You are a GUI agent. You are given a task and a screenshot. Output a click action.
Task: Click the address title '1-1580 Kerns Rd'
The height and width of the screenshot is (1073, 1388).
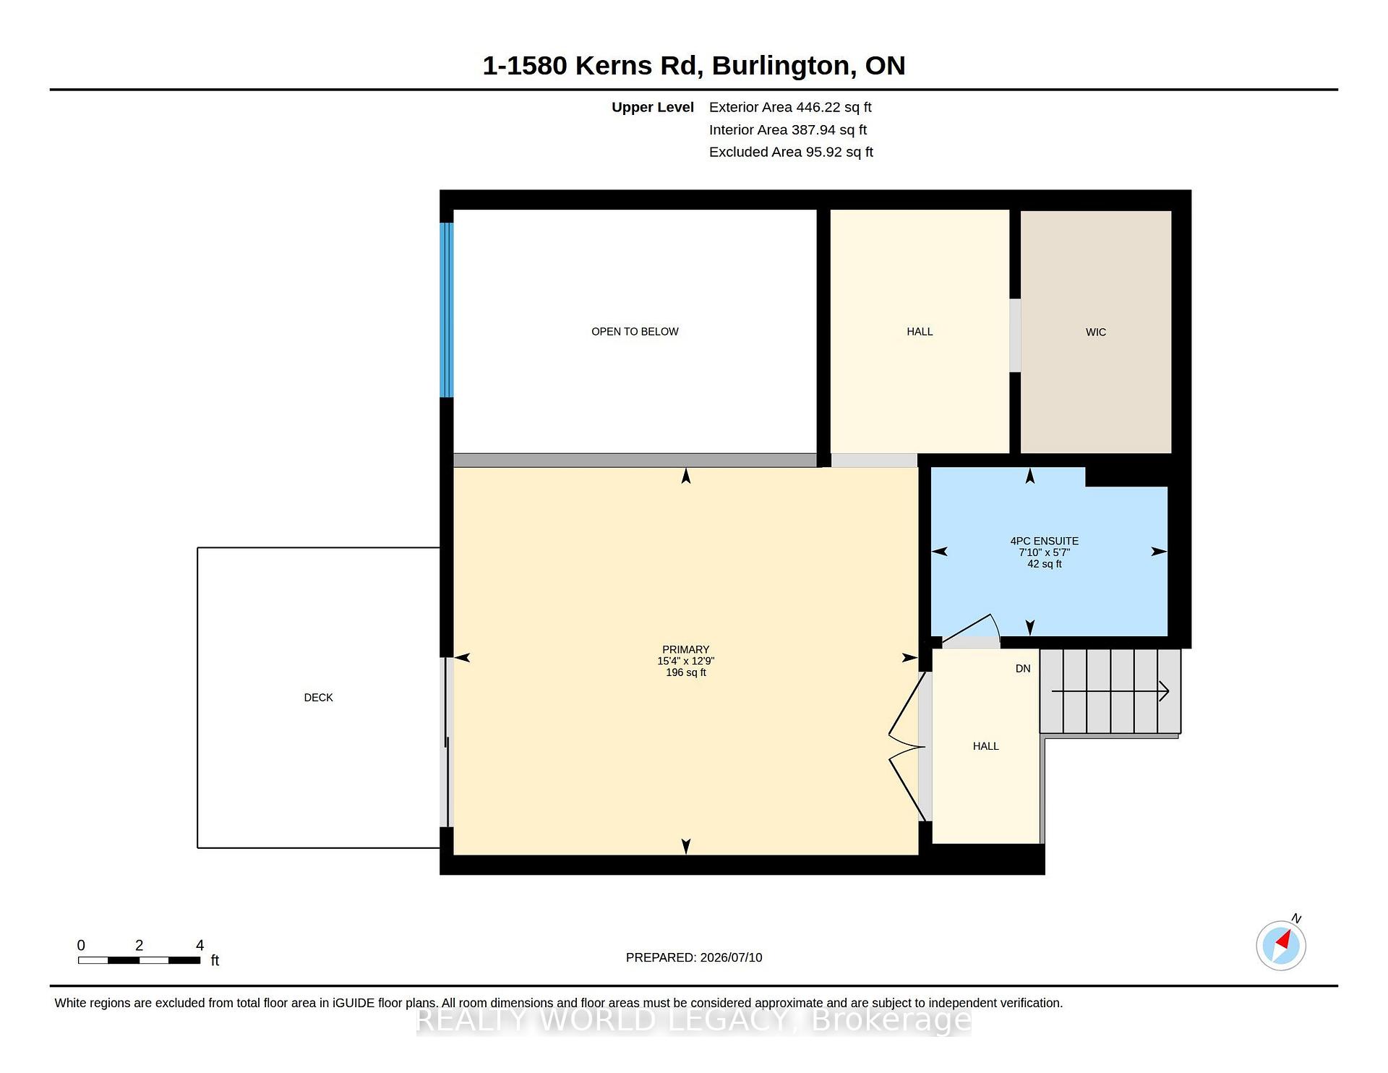click(x=593, y=66)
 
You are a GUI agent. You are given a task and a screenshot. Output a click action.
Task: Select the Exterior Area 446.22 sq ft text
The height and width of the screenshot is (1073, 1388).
click(x=790, y=107)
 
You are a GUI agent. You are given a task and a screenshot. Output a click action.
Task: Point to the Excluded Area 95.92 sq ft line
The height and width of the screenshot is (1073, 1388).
click(x=791, y=152)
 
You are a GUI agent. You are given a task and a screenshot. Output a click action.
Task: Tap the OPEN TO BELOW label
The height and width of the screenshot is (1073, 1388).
click(x=635, y=332)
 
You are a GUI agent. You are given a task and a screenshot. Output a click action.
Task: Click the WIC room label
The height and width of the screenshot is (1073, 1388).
click(x=1096, y=332)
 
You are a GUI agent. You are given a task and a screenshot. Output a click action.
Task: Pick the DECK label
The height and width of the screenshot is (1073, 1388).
click(x=318, y=698)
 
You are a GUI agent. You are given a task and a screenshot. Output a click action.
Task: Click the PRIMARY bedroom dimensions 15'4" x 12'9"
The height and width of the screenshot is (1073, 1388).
click(x=685, y=661)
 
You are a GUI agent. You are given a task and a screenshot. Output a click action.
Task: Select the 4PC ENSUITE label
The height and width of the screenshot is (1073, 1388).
click(x=1044, y=541)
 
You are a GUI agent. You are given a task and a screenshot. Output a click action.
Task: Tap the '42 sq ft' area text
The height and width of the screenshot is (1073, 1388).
click(x=1045, y=564)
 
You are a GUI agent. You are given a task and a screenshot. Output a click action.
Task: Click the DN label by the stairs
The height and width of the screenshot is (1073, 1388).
click(x=1023, y=669)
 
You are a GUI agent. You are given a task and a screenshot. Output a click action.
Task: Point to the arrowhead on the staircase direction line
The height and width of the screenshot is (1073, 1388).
click(x=1164, y=691)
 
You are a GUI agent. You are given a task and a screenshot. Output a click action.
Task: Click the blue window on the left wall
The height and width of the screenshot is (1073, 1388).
click(x=447, y=310)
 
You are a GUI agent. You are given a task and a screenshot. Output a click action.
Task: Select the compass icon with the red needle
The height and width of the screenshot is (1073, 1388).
click(x=1281, y=945)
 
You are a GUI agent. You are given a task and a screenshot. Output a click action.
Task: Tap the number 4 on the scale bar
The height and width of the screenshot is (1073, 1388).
click(x=200, y=945)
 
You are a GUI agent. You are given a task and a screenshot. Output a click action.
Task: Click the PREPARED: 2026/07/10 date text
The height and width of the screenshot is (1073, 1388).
click(x=694, y=957)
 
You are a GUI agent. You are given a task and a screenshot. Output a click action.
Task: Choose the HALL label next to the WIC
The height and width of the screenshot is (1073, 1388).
click(x=920, y=332)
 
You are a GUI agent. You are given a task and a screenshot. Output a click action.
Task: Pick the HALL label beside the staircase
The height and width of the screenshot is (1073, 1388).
click(x=985, y=746)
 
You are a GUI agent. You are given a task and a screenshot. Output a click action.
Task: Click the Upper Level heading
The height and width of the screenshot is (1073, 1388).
click(x=652, y=107)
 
